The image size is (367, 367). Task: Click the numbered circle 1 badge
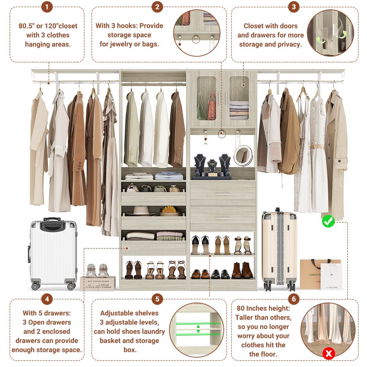(x=47, y=7)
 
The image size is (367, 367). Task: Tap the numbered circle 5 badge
(x=157, y=299)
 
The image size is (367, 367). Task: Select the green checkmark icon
(x=328, y=221)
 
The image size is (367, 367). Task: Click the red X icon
(x=329, y=354)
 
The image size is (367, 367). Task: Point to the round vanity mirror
(x=243, y=155)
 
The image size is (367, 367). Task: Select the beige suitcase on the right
(x=279, y=248)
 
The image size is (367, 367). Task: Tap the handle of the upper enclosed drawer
(x=222, y=194)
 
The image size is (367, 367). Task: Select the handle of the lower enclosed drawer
(x=222, y=218)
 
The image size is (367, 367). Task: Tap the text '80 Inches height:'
(x=263, y=308)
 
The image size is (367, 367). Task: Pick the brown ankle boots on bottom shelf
(x=242, y=271)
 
